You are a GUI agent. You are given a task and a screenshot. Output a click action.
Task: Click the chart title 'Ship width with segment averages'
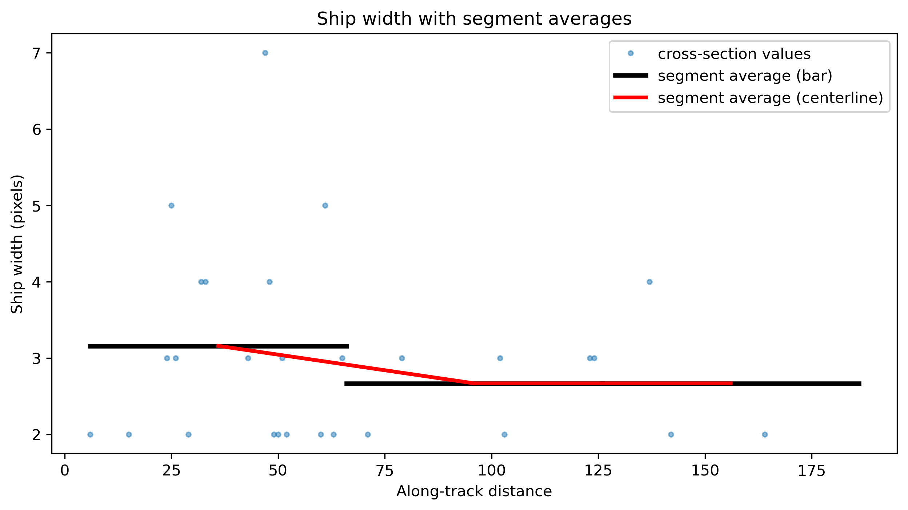pyautogui.click(x=474, y=19)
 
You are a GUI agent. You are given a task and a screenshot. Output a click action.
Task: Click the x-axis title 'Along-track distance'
pyautogui.click(x=474, y=491)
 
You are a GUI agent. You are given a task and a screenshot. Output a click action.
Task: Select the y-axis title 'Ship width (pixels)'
pyautogui.click(x=17, y=244)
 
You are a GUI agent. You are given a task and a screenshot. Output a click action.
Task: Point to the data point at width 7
pyautogui.click(x=265, y=53)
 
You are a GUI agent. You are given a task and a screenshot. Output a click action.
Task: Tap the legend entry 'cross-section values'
pyautogui.click(x=734, y=54)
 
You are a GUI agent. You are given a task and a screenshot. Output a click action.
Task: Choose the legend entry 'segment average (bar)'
pyautogui.click(x=745, y=76)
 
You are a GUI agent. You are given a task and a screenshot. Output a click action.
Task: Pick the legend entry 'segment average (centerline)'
pyautogui.click(x=770, y=98)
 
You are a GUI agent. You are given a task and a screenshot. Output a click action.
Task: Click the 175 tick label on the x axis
pyautogui.click(x=812, y=471)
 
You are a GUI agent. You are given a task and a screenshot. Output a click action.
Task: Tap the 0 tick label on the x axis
pyautogui.click(x=65, y=471)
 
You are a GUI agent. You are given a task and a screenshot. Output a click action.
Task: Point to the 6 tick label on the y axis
pyautogui.click(x=37, y=129)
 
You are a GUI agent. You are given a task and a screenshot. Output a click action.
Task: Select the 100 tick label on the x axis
pyautogui.click(x=492, y=471)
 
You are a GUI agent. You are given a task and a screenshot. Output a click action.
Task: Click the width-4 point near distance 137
pyautogui.click(x=649, y=282)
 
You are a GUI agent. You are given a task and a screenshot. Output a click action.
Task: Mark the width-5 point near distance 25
pyautogui.click(x=171, y=205)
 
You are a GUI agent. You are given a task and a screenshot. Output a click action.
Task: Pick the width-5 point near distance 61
pyautogui.click(x=325, y=205)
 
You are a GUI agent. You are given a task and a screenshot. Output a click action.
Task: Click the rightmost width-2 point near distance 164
pyautogui.click(x=765, y=434)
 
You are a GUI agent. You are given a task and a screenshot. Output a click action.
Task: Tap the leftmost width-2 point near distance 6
pyautogui.click(x=90, y=434)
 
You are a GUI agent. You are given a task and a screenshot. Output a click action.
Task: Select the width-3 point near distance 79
pyautogui.click(x=402, y=358)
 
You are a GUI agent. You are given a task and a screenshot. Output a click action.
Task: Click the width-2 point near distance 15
pyautogui.click(x=129, y=434)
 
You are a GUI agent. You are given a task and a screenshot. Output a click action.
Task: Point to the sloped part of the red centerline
pyautogui.click(x=345, y=365)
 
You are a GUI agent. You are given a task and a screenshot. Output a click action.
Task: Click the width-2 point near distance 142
pyautogui.click(x=671, y=434)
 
